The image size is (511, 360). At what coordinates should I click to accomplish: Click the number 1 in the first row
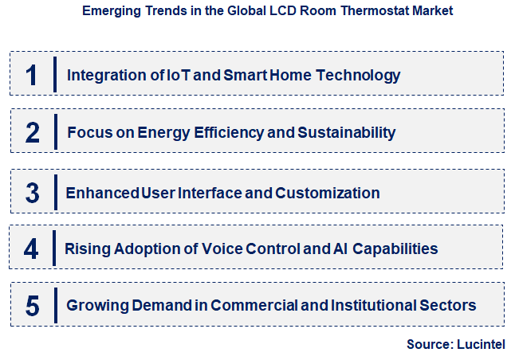(x=31, y=76)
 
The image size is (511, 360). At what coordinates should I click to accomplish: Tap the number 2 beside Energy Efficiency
(x=32, y=132)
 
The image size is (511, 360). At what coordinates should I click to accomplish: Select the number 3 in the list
(x=32, y=193)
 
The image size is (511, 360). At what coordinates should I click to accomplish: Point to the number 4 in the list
(x=31, y=248)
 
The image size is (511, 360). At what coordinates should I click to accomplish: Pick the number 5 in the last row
(x=32, y=305)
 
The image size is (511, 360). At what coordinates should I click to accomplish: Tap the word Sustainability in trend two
(x=348, y=132)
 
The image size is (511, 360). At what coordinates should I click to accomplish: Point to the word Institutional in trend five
(x=373, y=305)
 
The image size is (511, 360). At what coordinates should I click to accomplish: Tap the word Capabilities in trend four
(x=395, y=248)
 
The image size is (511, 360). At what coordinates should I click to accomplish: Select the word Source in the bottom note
(x=430, y=345)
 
